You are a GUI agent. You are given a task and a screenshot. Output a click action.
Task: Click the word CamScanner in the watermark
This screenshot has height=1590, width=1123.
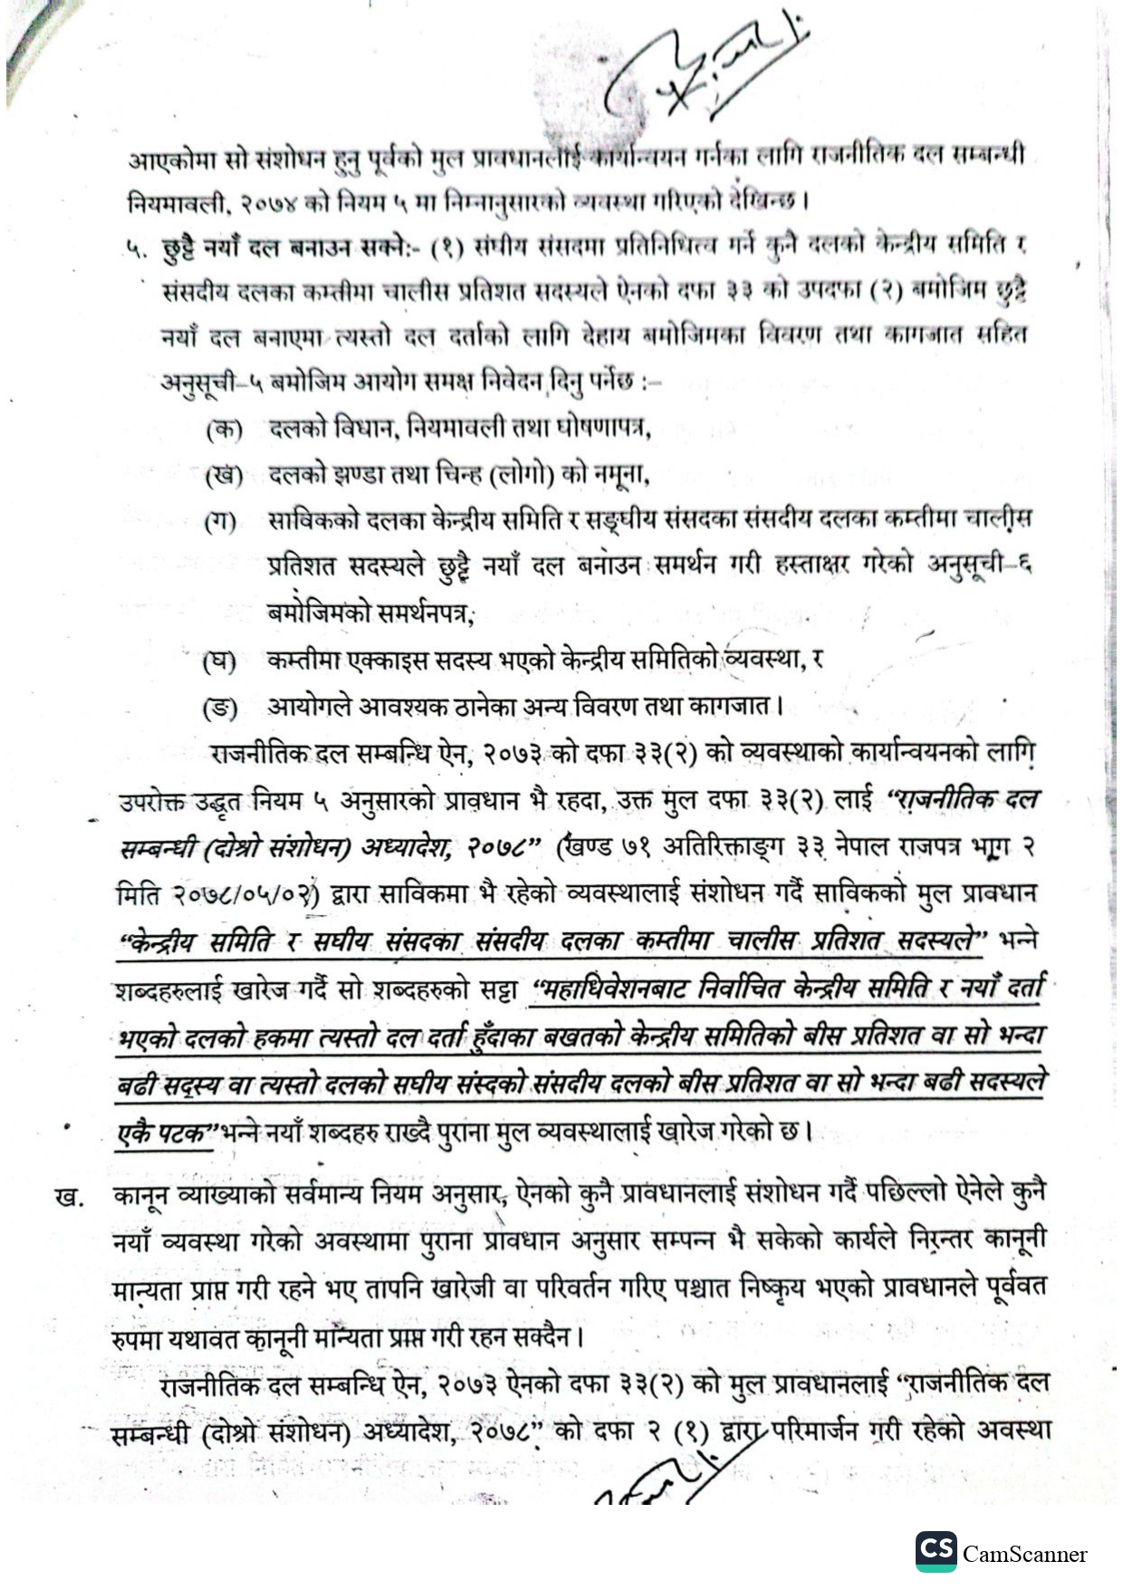tap(1024, 1555)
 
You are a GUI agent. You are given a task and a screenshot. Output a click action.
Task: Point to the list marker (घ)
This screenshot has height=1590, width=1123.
tap(219, 661)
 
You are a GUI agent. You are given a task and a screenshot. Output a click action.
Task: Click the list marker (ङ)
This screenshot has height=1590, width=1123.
tap(220, 708)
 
